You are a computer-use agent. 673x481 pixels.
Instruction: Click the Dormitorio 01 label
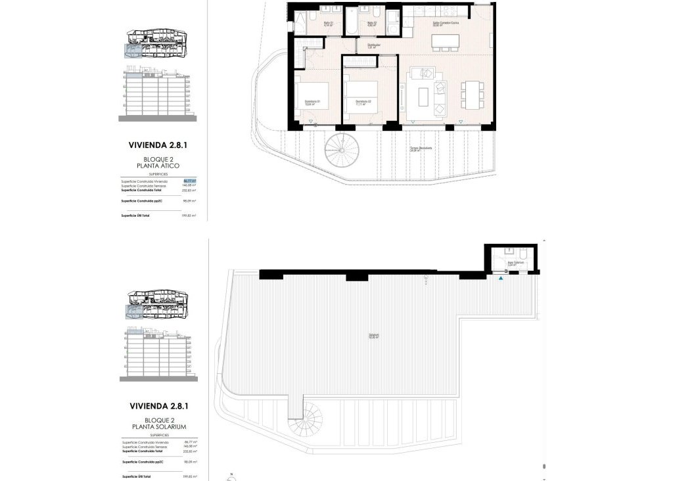click(x=312, y=102)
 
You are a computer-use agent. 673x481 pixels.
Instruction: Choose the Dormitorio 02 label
click(x=363, y=102)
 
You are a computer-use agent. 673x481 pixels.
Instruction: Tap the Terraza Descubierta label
click(x=421, y=149)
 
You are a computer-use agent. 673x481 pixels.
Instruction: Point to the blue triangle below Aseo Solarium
click(x=501, y=279)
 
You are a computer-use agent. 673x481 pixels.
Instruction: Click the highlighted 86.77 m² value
click(x=191, y=181)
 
